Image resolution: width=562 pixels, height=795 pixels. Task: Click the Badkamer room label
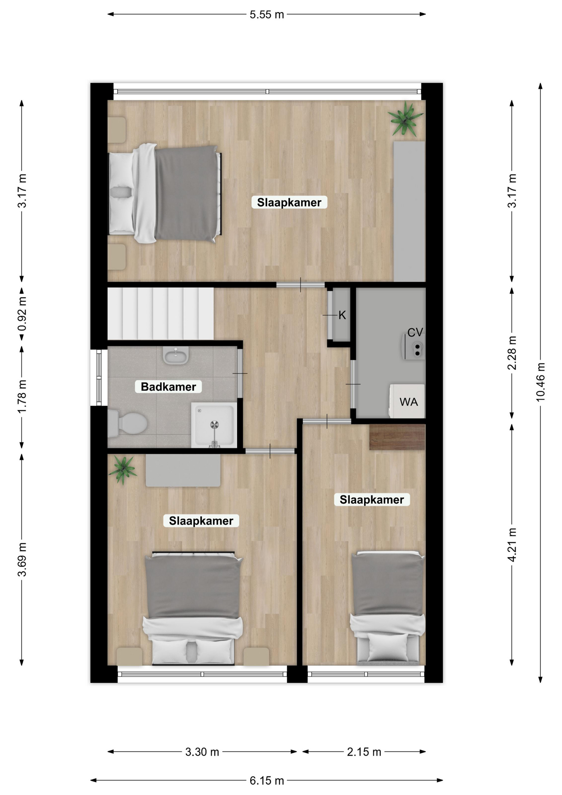(x=168, y=387)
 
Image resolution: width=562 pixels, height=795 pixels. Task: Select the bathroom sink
(x=176, y=355)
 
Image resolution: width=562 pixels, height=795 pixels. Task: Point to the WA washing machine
(x=407, y=401)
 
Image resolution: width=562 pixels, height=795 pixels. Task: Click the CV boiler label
(x=415, y=332)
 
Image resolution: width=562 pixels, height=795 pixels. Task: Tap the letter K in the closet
(x=342, y=316)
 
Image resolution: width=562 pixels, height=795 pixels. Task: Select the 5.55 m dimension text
(x=267, y=15)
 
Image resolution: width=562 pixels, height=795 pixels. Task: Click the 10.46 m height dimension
(x=540, y=382)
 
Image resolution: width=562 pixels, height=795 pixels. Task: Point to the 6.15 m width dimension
(x=267, y=781)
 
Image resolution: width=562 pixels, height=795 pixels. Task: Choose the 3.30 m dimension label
(x=202, y=752)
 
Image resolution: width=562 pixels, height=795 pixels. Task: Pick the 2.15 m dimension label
(x=364, y=752)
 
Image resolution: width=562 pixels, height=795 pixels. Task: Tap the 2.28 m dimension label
(x=512, y=353)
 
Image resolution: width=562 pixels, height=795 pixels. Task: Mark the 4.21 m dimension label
(x=512, y=545)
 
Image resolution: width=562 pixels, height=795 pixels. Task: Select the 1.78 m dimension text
(x=22, y=396)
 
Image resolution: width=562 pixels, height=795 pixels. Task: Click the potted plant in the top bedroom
(x=406, y=119)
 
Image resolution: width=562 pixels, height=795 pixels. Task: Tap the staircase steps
(x=161, y=314)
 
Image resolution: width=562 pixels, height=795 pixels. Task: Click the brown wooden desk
(x=397, y=437)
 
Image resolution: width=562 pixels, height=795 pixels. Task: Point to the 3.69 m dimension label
(x=22, y=559)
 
